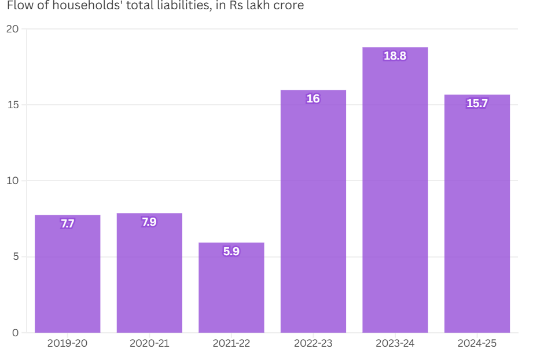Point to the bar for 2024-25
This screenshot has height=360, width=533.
point(477,214)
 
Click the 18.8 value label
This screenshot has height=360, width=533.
point(395,56)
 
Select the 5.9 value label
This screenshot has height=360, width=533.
point(231,252)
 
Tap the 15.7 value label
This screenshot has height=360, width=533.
point(477,104)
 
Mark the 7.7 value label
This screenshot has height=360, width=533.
point(68,224)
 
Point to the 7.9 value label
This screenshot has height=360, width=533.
point(149,222)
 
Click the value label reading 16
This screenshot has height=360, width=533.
point(313,99)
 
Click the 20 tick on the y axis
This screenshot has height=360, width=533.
point(13,29)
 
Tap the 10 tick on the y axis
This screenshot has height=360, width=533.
point(13,181)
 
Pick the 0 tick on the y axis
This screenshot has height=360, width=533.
point(15,333)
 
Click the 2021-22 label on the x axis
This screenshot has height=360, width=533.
point(231,343)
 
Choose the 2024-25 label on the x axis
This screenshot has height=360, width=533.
point(477,343)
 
